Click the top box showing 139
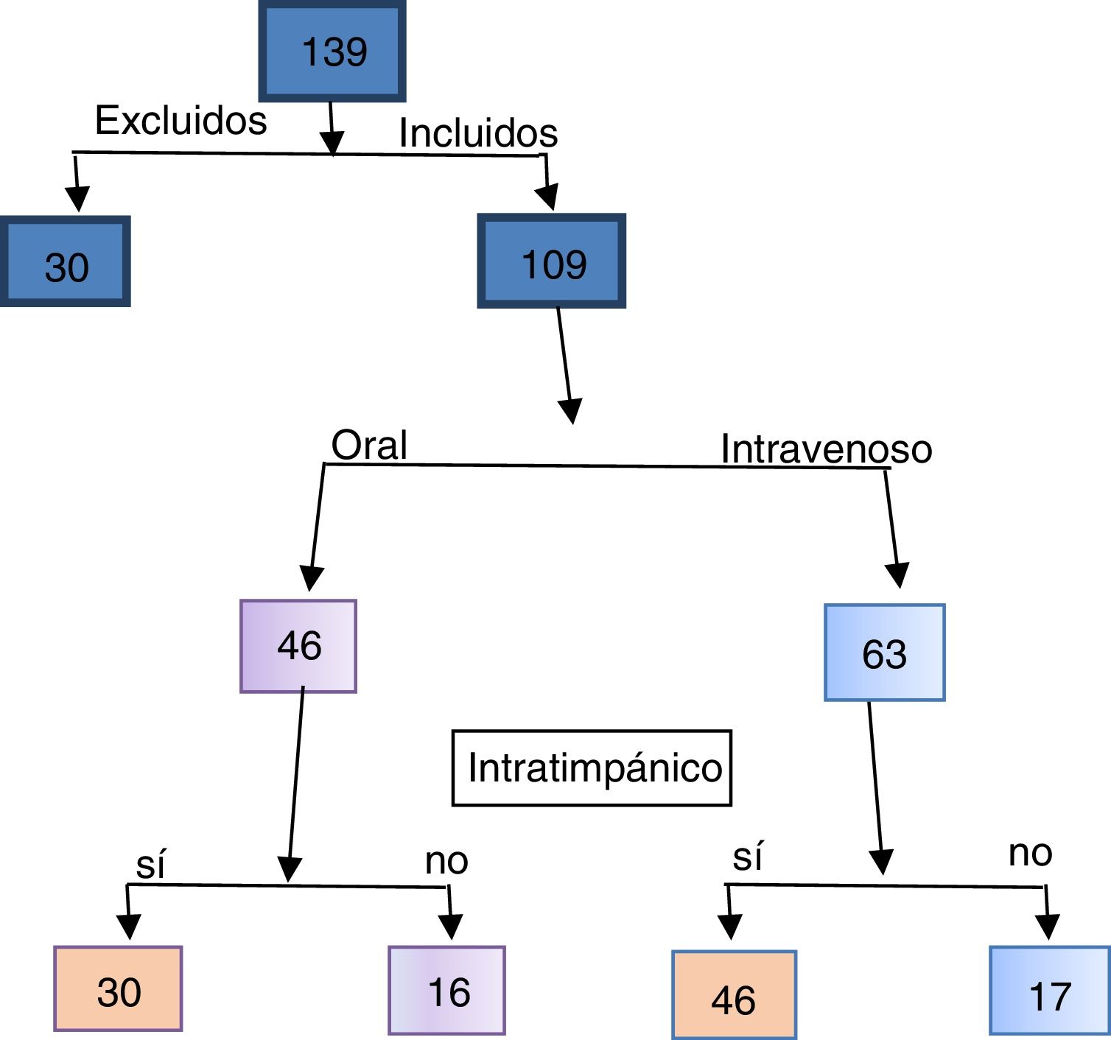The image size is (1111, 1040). [x=332, y=51]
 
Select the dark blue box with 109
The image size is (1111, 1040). [x=552, y=261]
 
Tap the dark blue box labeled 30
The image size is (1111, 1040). [x=66, y=261]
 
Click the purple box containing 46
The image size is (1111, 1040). [x=298, y=646]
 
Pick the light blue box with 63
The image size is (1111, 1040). [x=884, y=652]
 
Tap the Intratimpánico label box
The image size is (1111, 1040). [x=592, y=768]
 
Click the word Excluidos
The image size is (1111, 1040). [x=181, y=120]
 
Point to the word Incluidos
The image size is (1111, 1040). [x=478, y=133]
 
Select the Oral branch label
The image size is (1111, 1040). [x=369, y=446]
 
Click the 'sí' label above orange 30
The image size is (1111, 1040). [x=150, y=865]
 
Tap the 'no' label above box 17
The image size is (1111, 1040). [x=1031, y=854]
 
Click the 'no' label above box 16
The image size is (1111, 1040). [x=446, y=862]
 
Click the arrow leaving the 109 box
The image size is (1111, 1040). [x=565, y=366]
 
